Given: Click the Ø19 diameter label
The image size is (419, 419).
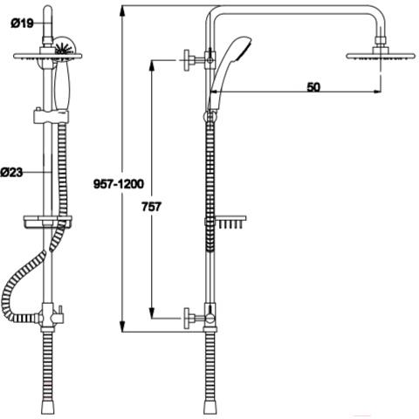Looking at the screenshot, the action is click(x=22, y=23).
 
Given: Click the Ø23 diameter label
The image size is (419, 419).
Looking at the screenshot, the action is click(x=11, y=172).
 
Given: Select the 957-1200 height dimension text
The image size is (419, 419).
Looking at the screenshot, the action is click(x=119, y=184).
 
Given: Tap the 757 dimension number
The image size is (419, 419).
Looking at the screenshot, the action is click(x=151, y=207).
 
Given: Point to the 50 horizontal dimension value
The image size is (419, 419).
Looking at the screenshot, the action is click(x=313, y=87).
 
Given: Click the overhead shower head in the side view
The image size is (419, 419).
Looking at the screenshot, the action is click(x=380, y=56).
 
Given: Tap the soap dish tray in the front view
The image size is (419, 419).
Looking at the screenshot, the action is click(x=47, y=222).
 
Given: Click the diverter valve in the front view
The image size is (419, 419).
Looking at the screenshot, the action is click(x=50, y=316).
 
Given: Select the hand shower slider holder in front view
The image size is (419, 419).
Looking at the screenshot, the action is click(x=52, y=116).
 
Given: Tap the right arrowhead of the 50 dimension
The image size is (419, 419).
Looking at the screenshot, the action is click(x=377, y=92).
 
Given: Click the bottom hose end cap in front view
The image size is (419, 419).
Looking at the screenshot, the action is click(x=48, y=409).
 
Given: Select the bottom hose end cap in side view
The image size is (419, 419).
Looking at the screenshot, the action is click(x=210, y=409).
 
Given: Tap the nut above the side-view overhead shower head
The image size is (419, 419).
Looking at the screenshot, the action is click(x=381, y=40).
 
